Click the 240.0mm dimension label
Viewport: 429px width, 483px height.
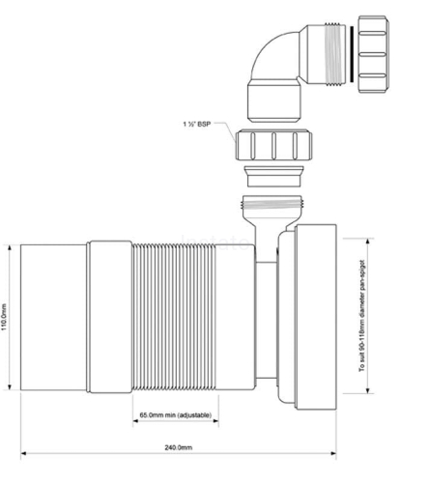[177, 448]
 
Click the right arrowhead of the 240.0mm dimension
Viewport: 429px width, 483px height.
[333, 456]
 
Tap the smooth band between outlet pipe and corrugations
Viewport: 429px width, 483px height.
[111, 313]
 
